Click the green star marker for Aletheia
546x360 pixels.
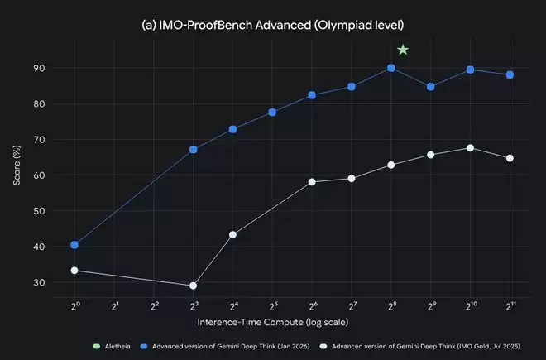403,50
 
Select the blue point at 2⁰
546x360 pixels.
74,245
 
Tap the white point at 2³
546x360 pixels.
193,286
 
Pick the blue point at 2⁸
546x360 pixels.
391,68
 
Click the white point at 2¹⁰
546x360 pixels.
470,148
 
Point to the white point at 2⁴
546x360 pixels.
232,234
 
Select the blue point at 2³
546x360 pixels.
193,150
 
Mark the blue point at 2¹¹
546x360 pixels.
510,74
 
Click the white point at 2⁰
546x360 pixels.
74,271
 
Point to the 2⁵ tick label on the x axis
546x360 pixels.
272,306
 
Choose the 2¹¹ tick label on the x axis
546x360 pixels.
510,306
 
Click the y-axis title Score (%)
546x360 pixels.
18,175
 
